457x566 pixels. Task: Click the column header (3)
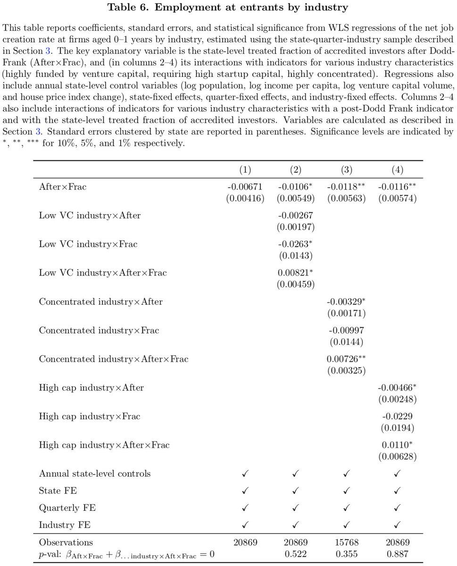click(x=346, y=170)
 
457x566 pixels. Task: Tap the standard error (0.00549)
click(x=296, y=199)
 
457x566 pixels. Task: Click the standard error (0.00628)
click(x=397, y=456)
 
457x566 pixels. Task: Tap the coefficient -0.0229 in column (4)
click(x=397, y=416)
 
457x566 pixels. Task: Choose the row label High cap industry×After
click(x=91, y=388)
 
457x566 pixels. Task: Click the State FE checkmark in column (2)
click(x=296, y=491)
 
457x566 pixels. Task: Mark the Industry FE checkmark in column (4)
click(x=397, y=525)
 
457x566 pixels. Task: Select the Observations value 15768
click(x=346, y=542)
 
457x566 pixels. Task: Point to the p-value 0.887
click(x=397, y=554)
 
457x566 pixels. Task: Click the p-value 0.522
click(x=296, y=554)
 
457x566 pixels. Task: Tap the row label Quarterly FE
click(x=63, y=508)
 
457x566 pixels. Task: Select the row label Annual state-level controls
click(x=95, y=474)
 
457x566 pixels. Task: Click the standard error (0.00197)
click(x=296, y=227)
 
